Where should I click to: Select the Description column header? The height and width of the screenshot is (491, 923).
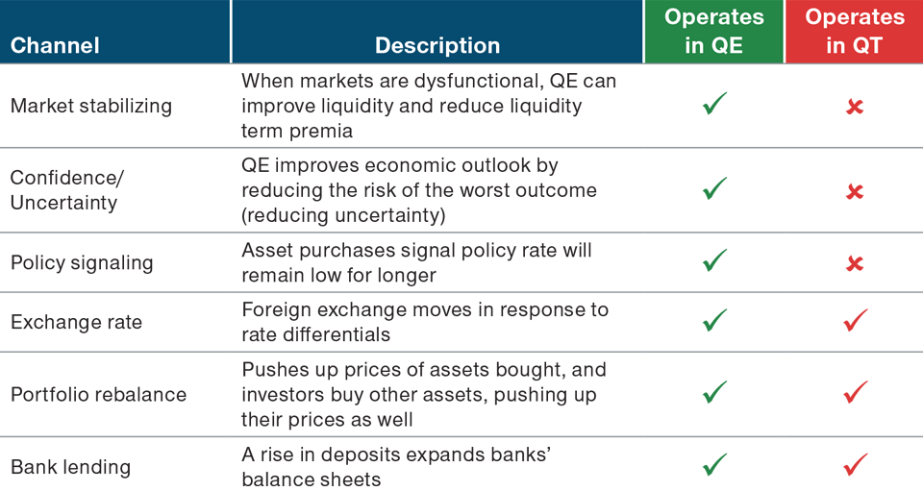pos(437,45)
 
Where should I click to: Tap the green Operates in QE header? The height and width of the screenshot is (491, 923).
pos(713,32)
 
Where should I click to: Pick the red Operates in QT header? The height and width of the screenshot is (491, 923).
pos(854,32)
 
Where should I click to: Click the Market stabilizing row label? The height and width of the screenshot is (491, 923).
pos(91,106)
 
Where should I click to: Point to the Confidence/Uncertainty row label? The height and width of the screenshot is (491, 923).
pos(67,190)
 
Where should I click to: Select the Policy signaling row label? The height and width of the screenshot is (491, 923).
pos(82,262)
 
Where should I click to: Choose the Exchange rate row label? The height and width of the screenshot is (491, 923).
pos(76,322)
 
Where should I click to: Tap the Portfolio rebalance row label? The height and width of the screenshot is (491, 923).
pos(99,394)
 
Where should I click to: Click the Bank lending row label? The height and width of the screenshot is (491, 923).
pos(70,467)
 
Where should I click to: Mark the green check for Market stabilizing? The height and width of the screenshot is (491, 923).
pos(714,104)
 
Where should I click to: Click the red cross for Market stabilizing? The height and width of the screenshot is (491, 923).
pos(854,107)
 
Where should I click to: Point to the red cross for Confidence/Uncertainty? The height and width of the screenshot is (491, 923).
pos(854,192)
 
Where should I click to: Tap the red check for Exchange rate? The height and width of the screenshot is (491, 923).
pos(854,320)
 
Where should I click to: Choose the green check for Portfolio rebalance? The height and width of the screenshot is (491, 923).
pos(714,392)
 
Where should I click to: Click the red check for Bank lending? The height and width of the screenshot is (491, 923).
pos(854,465)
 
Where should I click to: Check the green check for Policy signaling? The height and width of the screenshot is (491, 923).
pos(714,260)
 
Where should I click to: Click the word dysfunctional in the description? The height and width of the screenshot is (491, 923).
pos(458,82)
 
